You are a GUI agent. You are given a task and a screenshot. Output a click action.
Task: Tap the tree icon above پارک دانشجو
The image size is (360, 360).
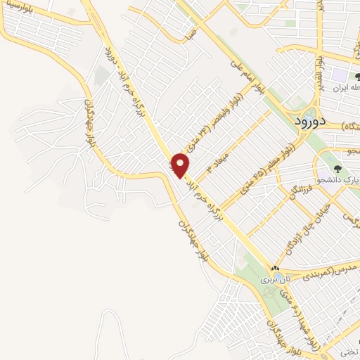click(337, 169)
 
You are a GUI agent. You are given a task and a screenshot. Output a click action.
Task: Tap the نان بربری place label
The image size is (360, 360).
click(270, 279)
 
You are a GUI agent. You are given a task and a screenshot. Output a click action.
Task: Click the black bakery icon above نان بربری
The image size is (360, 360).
click(276, 269)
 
